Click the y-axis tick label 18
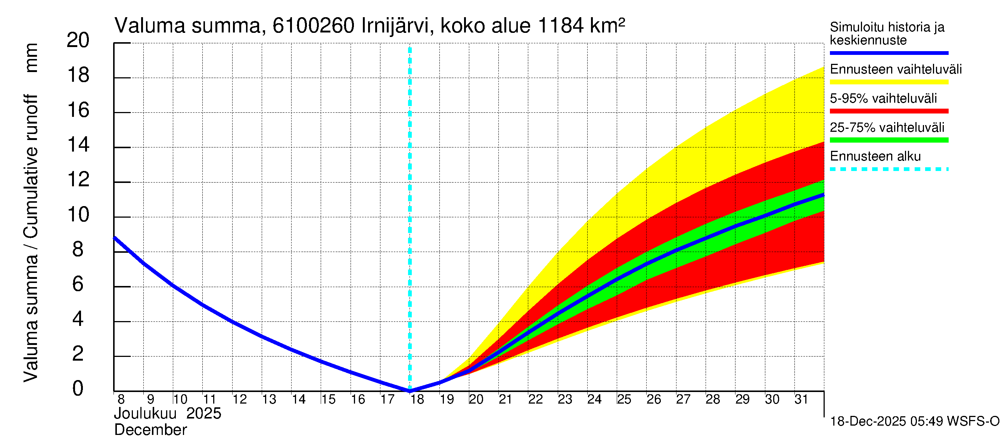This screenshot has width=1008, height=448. [78, 75]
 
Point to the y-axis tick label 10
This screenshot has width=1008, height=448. [78, 214]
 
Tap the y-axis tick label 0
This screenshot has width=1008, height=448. [78, 388]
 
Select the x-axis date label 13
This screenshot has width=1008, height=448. [269, 399]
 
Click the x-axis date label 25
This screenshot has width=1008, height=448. [624, 399]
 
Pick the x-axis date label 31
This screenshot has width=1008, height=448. [801, 399]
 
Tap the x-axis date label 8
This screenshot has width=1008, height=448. [121, 399]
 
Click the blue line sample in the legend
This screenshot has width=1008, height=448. [889, 53]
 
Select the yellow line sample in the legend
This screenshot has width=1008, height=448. [889, 82]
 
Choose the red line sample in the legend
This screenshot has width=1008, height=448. [889, 111]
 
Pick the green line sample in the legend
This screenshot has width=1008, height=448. [889, 140]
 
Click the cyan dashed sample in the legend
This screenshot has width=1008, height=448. [889, 169]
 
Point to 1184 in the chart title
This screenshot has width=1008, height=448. [561, 26]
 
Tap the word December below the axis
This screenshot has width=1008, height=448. [150, 430]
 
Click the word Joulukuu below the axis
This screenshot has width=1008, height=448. [145, 414]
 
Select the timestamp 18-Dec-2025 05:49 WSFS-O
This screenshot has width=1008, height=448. [914, 421]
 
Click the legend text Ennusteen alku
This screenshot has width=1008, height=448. [875, 156]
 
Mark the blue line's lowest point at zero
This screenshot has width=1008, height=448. [410, 391]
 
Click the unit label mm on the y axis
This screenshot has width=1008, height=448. [31, 57]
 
